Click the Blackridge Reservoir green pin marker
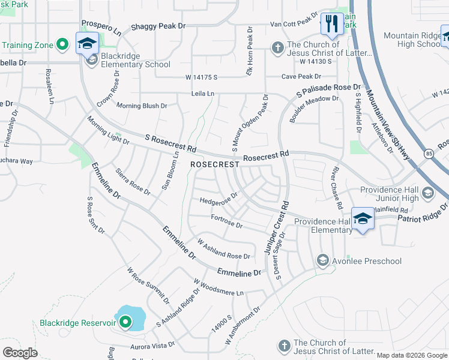(x=125, y=323)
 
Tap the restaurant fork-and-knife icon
(x=331, y=24)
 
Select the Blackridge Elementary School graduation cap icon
(x=87, y=43)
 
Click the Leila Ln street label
(x=202, y=94)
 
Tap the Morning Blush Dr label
(x=142, y=106)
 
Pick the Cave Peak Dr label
(x=301, y=77)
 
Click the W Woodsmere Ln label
(x=218, y=287)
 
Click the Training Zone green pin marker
(x=62, y=44)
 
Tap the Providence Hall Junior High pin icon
(x=427, y=193)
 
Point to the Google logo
(x=20, y=352)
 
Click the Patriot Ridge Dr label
(x=423, y=214)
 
